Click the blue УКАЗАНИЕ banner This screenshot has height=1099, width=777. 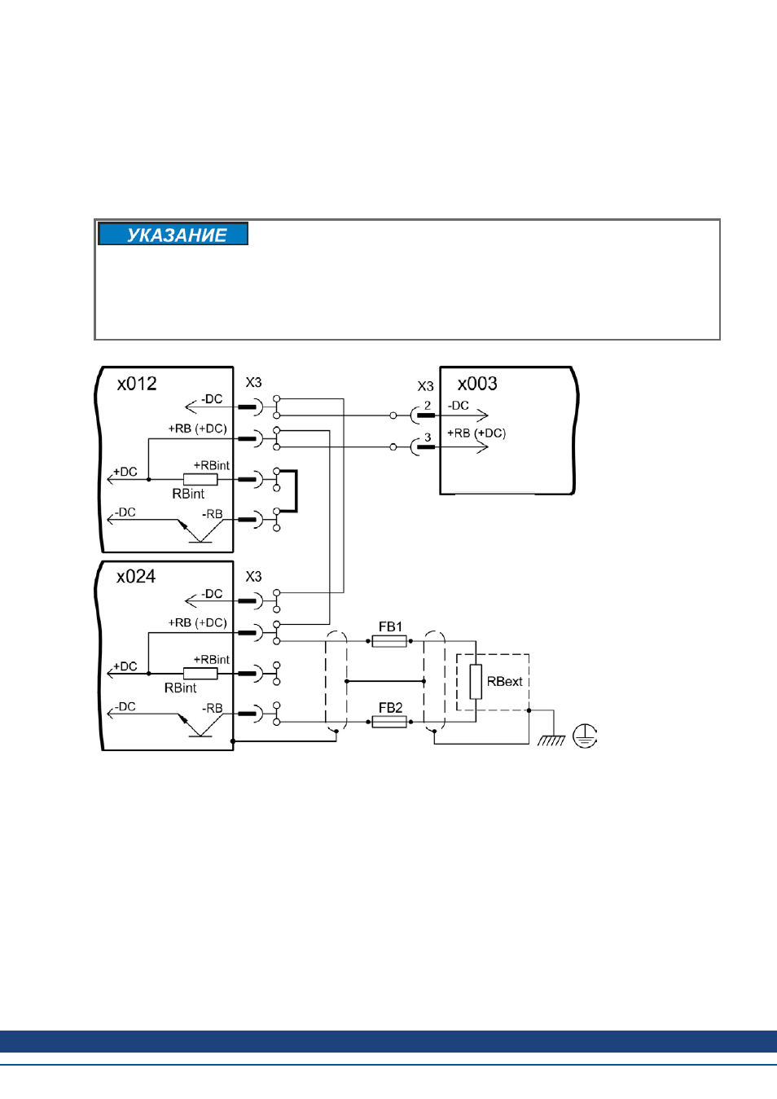[x=173, y=234]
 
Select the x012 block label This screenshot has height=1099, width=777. [x=137, y=384]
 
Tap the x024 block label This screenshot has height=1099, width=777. [x=136, y=577]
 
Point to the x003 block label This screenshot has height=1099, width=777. [x=477, y=384]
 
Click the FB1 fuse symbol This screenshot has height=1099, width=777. [x=389, y=641]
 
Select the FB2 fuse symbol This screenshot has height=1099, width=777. [x=389, y=722]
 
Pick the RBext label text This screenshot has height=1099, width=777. [x=504, y=682]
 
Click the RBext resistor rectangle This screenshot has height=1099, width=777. [x=476, y=682]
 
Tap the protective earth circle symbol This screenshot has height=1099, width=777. [x=585, y=736]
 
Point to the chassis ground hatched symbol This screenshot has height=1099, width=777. [x=551, y=741]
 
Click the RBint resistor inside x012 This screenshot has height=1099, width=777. [x=200, y=479]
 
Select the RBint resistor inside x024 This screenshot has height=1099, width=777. [x=200, y=674]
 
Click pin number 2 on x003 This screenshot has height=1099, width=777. [x=428, y=406]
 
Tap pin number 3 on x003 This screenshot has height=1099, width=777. [x=428, y=437]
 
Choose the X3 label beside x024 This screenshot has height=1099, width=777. [x=253, y=577]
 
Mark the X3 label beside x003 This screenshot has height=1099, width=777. [x=425, y=387]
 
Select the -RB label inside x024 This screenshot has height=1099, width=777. [x=213, y=709]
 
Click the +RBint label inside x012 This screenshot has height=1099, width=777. [x=212, y=465]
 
